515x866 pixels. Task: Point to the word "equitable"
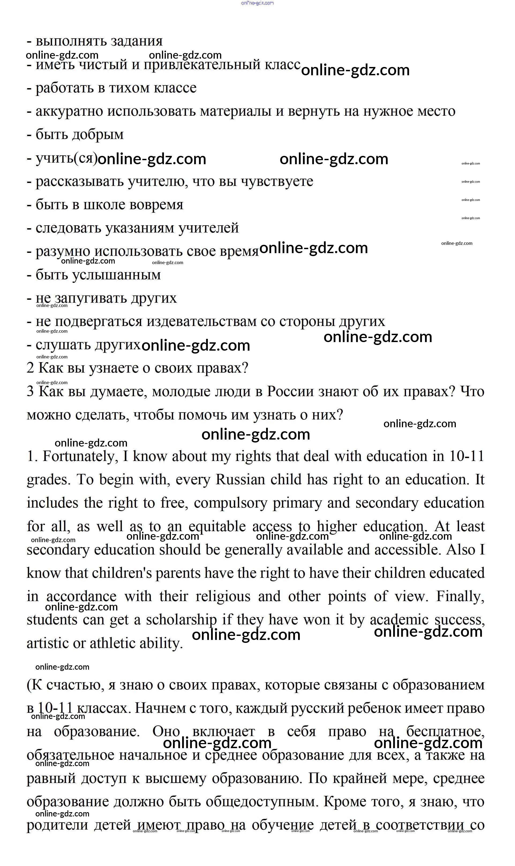pos(217,527)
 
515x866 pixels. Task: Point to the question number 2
pos(31,368)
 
